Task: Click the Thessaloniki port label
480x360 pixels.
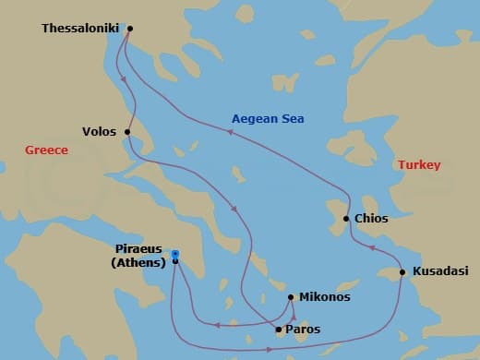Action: tap(81, 29)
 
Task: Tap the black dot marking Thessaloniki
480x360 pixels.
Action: tap(129, 28)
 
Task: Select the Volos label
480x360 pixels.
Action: tap(99, 132)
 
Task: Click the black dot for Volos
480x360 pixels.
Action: tap(126, 132)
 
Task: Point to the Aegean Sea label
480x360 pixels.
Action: tap(268, 119)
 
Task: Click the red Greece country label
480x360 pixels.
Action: tap(46, 150)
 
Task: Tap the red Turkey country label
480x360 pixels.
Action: tap(419, 165)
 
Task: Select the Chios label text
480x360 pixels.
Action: tap(371, 219)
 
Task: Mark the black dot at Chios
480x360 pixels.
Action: tap(346, 219)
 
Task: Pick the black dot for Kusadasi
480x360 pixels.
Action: tap(402, 272)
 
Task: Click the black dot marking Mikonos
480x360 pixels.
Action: tap(291, 297)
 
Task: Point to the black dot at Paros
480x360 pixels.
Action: tap(279, 329)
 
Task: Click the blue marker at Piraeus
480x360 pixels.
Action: tap(175, 255)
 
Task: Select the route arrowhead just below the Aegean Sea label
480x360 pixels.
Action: tap(232, 133)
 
